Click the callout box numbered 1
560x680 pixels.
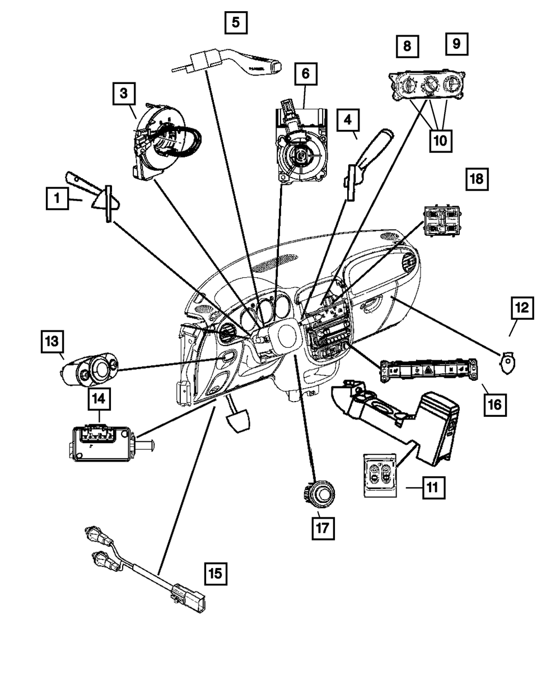pos(57,199)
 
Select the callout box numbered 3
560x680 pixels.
pos(123,94)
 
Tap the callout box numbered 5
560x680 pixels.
pos(236,23)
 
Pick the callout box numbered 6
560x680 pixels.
pos(305,73)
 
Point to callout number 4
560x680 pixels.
pos(348,119)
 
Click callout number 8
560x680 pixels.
pos(407,46)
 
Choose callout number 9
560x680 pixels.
pos(457,44)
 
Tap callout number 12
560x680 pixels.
pos(521,308)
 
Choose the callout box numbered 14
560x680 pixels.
pos(99,399)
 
